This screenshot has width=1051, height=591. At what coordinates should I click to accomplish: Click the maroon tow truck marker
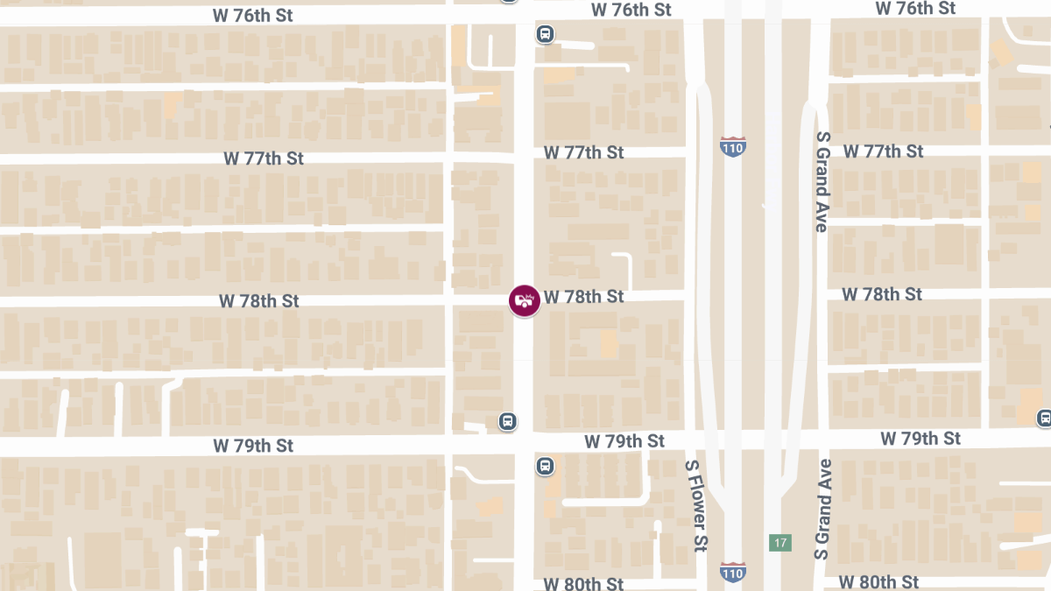(524, 300)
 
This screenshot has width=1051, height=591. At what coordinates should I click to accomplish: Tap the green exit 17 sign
(779, 543)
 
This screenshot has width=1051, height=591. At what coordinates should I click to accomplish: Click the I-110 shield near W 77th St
(734, 145)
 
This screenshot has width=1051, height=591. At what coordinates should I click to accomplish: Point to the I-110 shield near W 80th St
(734, 572)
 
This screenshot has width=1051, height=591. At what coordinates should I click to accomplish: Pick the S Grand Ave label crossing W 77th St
(822, 182)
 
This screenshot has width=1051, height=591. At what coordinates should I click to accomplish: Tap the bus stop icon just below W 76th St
(545, 34)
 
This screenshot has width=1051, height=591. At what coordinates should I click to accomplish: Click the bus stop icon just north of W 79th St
(507, 421)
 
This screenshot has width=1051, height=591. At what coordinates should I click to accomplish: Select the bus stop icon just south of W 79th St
(545, 466)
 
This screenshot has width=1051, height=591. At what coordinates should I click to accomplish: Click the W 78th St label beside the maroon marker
(584, 297)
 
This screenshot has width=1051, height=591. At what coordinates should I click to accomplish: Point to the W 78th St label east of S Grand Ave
(882, 294)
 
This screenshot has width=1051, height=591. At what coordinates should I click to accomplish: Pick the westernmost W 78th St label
(259, 301)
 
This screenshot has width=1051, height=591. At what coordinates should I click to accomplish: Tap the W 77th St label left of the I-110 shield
(584, 152)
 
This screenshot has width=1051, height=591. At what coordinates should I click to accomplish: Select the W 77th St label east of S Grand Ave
(883, 151)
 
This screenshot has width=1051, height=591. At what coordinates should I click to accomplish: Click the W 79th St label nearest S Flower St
(625, 440)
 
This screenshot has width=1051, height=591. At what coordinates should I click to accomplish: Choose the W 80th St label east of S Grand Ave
(878, 582)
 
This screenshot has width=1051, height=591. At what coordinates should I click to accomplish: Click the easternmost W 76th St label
(915, 8)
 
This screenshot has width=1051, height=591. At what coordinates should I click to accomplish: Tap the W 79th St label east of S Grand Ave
(921, 438)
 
